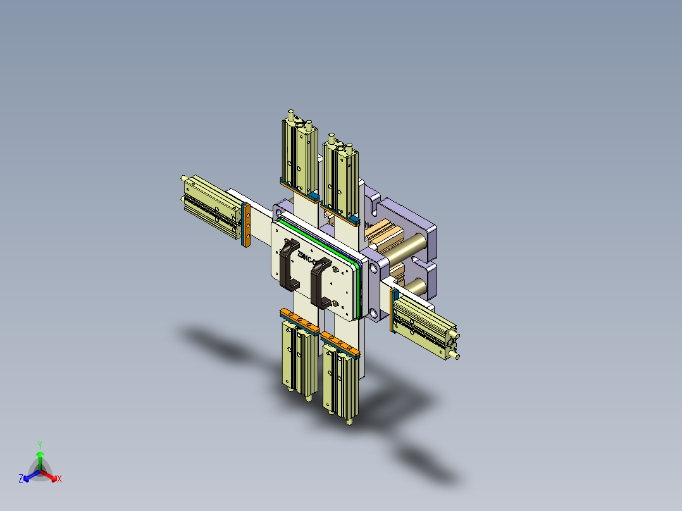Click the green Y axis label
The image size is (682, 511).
[40, 445]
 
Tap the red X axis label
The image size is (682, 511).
[59, 479]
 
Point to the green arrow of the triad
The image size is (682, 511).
[40, 457]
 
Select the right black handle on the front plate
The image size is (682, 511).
[319, 285]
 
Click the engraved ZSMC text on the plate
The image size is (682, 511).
[310, 258]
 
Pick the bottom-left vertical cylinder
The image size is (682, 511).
[297, 358]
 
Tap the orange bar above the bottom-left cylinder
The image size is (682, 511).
[298, 320]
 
